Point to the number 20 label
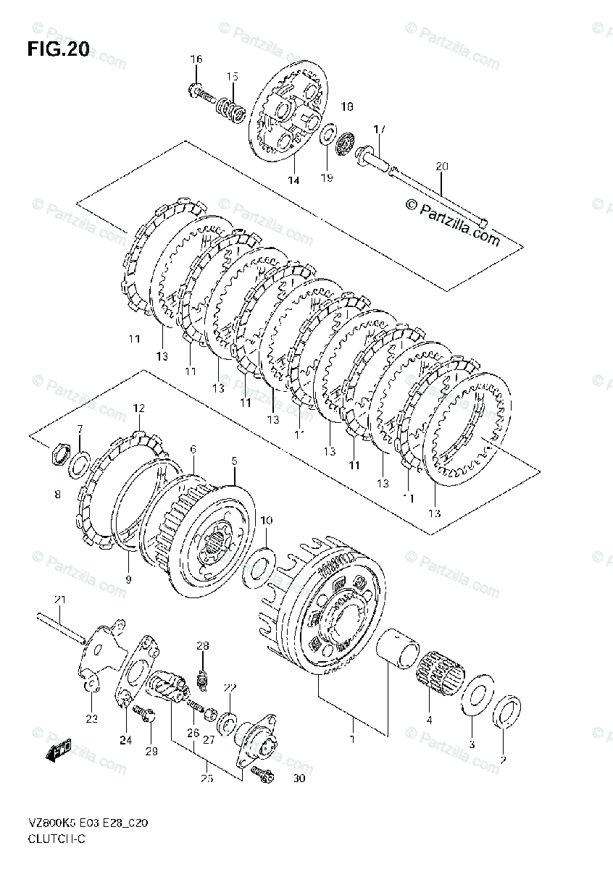tap(442, 167)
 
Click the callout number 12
tap(139, 409)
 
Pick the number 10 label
tap(267, 521)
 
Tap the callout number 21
tap(59, 599)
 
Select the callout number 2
tap(503, 760)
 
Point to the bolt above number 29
tap(146, 715)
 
